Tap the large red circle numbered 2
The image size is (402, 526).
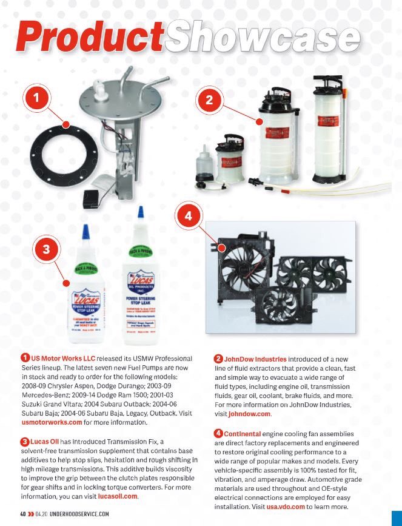(x=209, y=101)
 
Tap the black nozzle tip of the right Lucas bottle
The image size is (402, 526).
(x=141, y=213)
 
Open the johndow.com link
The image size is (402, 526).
(x=249, y=414)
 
